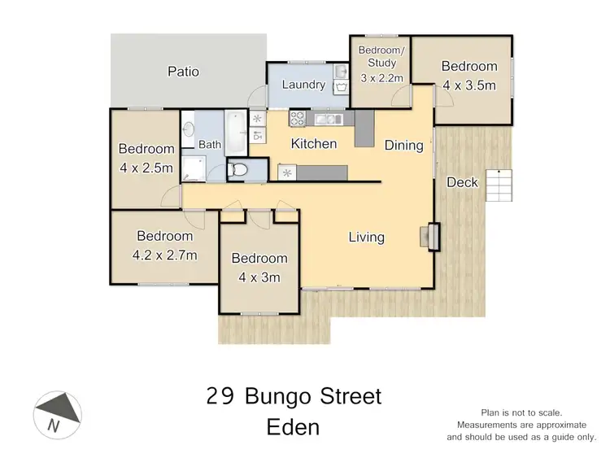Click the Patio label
pyautogui.click(x=183, y=72)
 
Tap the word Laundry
pyautogui.click(x=303, y=85)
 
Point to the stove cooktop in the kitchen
pyautogui.click(x=298, y=119)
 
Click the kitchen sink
pyautogui.click(x=329, y=120)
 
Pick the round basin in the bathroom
pyautogui.click(x=189, y=129)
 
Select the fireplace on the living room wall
pyautogui.click(x=429, y=236)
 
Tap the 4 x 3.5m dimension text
pyautogui.click(x=469, y=83)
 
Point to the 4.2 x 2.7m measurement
pyautogui.click(x=165, y=255)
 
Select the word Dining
pyautogui.click(x=404, y=146)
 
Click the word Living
pyautogui.click(x=366, y=238)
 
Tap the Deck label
pyautogui.click(x=462, y=182)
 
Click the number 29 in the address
pyautogui.click(x=218, y=397)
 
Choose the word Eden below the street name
pyautogui.click(x=294, y=426)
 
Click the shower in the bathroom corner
pyautogui.click(x=194, y=168)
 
